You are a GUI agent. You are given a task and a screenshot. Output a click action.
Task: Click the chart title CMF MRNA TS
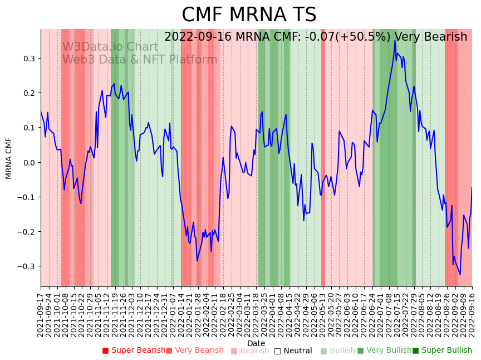249,15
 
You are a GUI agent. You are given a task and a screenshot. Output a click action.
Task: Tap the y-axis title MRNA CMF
9,158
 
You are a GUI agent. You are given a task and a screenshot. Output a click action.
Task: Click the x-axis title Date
256,343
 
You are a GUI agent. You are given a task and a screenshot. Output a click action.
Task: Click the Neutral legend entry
293,351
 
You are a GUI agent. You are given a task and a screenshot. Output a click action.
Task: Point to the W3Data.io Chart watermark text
110,47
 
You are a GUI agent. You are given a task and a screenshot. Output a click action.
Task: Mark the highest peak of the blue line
395,40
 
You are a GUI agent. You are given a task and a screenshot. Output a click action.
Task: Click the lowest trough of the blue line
460,274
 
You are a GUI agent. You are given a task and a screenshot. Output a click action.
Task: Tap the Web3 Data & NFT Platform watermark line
140,60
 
